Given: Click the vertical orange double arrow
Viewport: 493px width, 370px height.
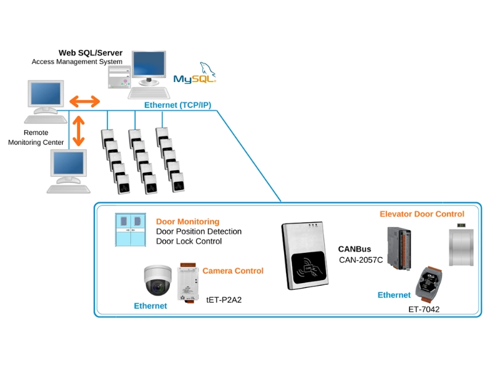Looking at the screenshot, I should (x=78, y=130).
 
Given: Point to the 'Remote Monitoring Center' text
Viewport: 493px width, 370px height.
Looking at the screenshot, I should (x=44, y=138).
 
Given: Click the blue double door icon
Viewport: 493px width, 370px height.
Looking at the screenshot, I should (x=131, y=229).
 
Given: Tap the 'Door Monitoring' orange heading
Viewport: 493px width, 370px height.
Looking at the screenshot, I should (x=187, y=221).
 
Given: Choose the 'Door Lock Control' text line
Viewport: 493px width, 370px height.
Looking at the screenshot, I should (x=189, y=241).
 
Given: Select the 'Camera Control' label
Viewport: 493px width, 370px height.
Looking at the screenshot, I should (x=233, y=271).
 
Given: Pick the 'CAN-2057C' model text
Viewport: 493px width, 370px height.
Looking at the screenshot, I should (x=361, y=260).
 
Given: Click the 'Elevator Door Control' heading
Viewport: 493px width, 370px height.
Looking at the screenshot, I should (x=422, y=214).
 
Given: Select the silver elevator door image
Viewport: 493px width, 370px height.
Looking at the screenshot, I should (x=461, y=247).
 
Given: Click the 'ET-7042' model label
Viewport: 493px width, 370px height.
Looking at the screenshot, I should (x=424, y=308).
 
